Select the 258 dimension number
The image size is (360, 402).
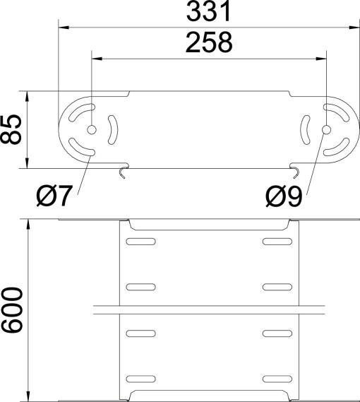(x=208, y=44)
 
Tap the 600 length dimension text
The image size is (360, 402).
(x=12, y=309)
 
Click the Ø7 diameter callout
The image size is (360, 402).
(x=54, y=195)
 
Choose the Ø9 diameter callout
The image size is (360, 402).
(x=284, y=195)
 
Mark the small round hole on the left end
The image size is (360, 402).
(x=92, y=130)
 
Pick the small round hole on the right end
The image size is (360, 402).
(x=326, y=130)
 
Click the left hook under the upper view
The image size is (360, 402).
(x=124, y=172)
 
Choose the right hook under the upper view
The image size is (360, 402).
(x=296, y=171)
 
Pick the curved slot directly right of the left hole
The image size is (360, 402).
(x=113, y=129)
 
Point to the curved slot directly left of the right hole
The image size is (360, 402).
(x=305, y=129)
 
